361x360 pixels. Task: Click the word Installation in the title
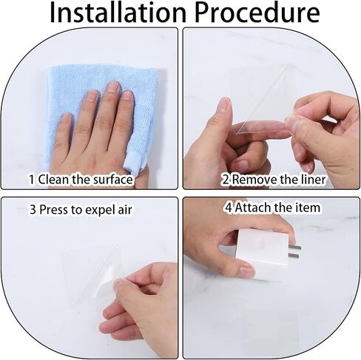coord(118,13)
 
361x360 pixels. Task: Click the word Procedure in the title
coord(257,13)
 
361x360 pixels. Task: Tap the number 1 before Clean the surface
coord(32,180)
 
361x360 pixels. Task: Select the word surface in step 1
coord(112,179)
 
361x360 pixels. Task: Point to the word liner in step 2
coord(313,179)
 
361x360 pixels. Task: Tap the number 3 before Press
coord(33,210)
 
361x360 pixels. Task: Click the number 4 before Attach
coord(229,208)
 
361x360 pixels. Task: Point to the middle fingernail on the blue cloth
coord(113,87)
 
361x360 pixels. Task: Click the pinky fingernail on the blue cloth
coord(65,118)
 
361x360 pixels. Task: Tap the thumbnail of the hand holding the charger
coord(246,272)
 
